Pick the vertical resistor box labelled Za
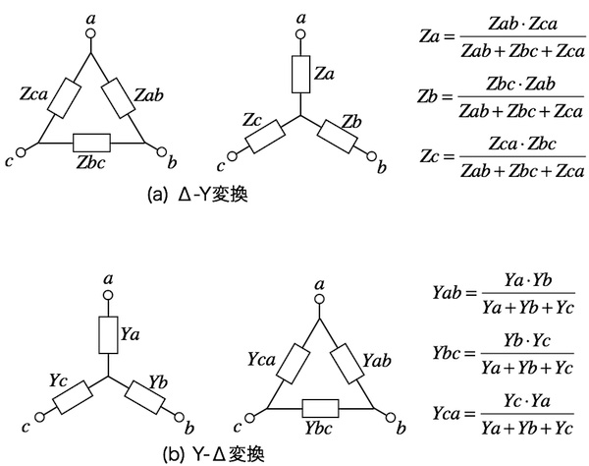click(301, 73)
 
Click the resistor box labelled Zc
click(264, 135)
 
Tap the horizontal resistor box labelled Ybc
click(318, 406)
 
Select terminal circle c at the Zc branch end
click(233, 154)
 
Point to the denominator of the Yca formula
click(521, 428)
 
